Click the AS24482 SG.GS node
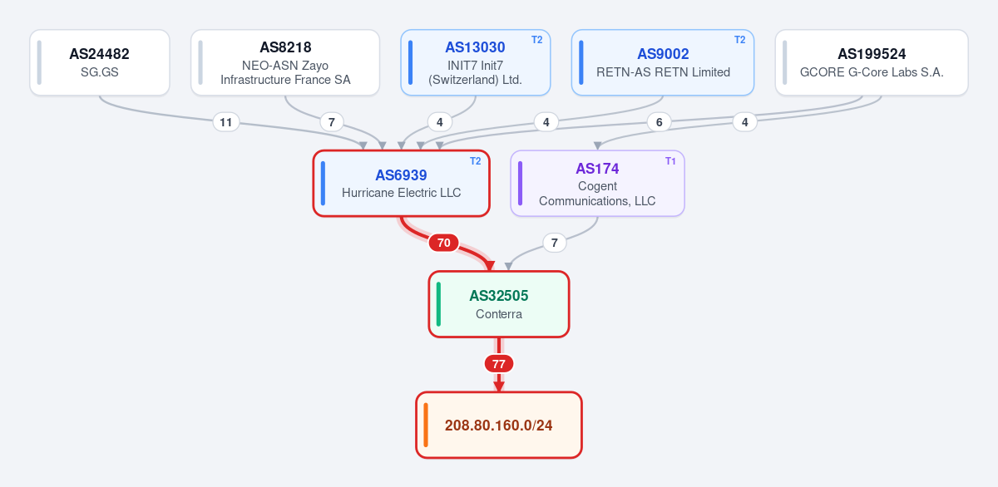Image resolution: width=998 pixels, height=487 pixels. [100, 62]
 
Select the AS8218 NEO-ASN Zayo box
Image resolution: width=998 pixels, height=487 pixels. [285, 62]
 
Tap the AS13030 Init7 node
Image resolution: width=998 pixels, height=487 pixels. [476, 62]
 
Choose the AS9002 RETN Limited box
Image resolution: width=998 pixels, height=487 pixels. [663, 62]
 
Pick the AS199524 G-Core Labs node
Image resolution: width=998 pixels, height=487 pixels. [872, 62]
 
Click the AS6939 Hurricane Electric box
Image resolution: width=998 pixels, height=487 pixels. [402, 184]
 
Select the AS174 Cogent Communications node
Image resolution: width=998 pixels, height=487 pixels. [597, 184]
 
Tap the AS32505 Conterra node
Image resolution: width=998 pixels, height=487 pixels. [499, 304]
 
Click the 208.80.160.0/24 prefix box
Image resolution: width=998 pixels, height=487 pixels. [499, 426]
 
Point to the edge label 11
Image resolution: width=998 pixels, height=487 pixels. [226, 122]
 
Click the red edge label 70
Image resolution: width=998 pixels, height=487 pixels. [444, 243]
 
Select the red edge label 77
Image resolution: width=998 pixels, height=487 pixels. [499, 364]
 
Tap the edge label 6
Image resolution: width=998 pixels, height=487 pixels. [659, 122]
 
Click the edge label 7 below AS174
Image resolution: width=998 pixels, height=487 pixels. [554, 243]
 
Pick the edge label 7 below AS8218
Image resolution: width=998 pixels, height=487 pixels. [332, 122]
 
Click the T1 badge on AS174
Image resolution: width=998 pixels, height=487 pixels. [670, 161]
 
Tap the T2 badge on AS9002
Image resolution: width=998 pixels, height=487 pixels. [739, 40]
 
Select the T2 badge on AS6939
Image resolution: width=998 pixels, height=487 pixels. [476, 161]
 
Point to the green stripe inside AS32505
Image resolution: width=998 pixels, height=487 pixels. [438, 304]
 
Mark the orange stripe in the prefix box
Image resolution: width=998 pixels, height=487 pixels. [426, 426]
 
